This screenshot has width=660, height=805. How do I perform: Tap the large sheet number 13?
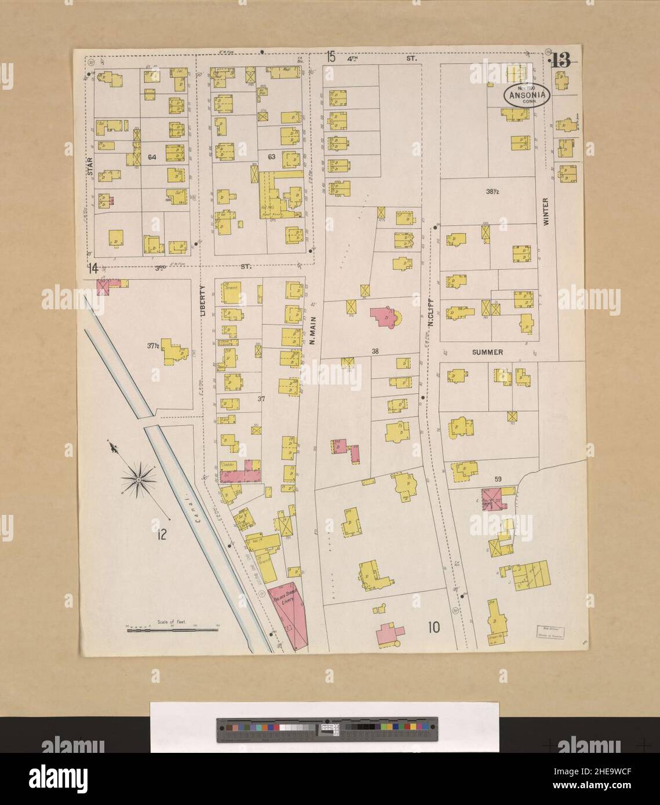click(x=560, y=60)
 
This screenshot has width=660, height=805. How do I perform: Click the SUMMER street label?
click(x=487, y=352)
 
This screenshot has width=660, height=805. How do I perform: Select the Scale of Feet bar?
click(x=172, y=629)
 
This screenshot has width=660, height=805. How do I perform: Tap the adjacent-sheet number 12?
click(x=161, y=535)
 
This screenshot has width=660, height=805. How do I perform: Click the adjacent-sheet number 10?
click(x=433, y=626)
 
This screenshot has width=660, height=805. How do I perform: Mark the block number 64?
click(x=152, y=157)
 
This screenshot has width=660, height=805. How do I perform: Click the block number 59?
click(x=498, y=479)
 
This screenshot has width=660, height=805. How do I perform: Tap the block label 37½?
click(x=153, y=346)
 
